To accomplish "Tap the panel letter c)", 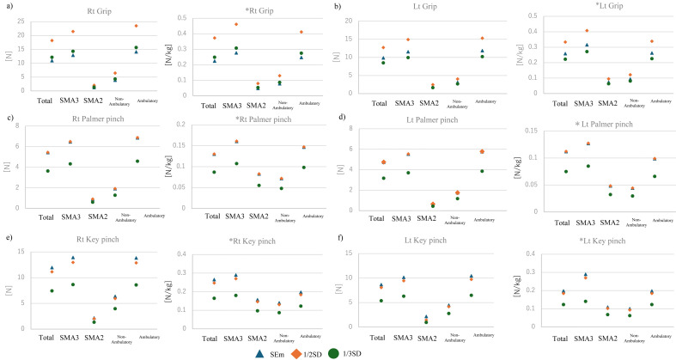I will (9, 117).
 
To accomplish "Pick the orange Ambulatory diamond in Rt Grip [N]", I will (137, 26).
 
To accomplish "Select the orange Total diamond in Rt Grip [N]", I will (52, 40).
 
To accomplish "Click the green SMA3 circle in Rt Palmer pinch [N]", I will (71, 163).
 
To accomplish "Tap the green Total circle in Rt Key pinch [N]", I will (52, 290).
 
